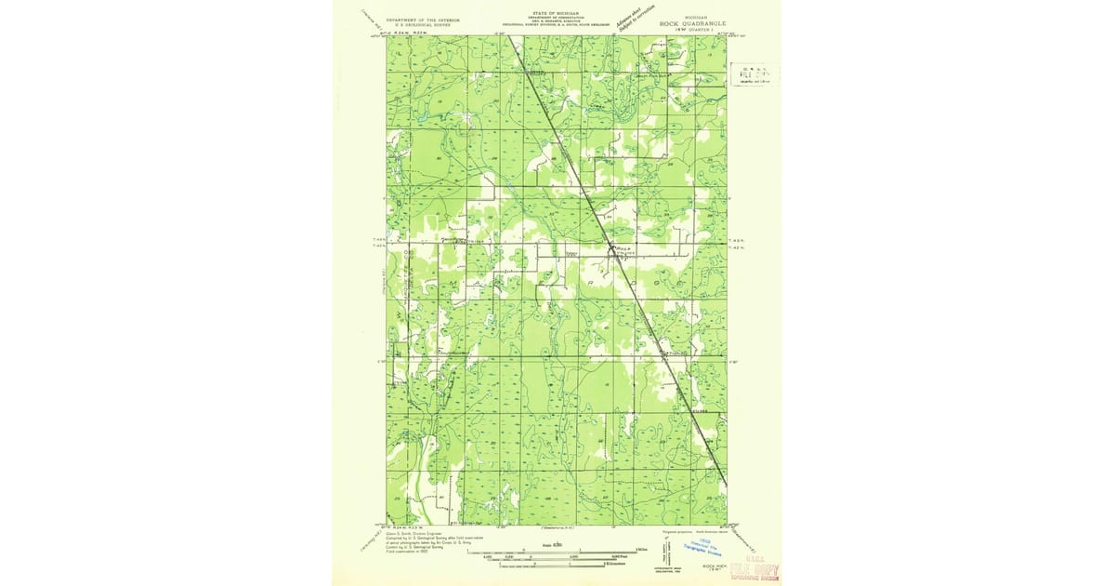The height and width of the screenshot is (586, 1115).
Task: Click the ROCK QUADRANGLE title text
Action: [x=692, y=22]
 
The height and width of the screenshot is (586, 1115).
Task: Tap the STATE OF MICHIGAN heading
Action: [x=556, y=13]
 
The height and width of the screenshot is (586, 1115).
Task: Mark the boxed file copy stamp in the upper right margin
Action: [x=754, y=73]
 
